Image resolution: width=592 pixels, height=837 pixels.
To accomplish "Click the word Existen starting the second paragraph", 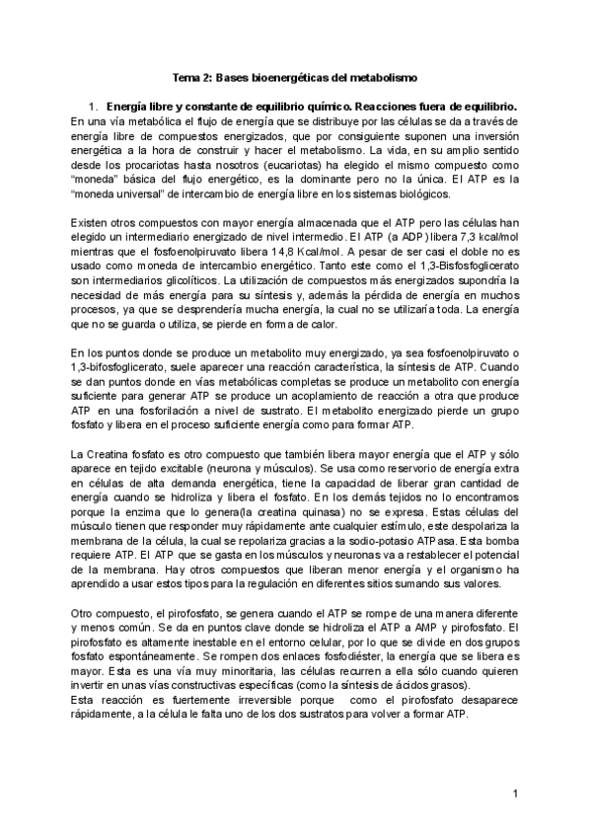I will pos(90,224).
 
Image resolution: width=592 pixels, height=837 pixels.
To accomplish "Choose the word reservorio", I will pos(391,467).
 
